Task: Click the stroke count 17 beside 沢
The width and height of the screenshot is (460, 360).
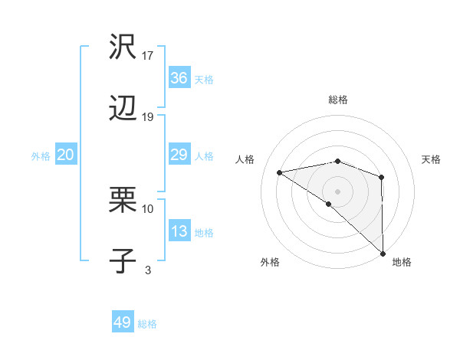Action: [x=148, y=55]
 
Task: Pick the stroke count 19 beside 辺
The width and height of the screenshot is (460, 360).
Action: [x=148, y=117]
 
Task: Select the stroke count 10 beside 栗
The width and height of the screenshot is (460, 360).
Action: [x=148, y=208]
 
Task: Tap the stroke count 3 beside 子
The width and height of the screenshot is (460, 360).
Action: [x=148, y=270]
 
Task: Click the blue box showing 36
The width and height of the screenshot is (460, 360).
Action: [x=179, y=78]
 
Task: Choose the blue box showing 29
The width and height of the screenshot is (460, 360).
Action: [x=179, y=155]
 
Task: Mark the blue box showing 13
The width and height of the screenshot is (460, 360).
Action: [x=179, y=232]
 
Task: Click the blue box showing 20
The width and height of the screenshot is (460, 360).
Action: [x=66, y=155]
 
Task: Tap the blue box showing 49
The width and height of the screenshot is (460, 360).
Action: [x=123, y=322]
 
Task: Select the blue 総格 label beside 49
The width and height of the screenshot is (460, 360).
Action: [x=148, y=324]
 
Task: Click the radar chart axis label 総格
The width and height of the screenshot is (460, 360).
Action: [x=338, y=100]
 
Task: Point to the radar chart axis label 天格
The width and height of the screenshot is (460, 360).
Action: [x=432, y=159]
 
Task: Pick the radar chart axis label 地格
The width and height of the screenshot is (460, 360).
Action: [x=402, y=263]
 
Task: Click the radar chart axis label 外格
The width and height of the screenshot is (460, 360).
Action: [x=270, y=263]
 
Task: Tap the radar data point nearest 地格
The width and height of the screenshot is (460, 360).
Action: [x=382, y=253]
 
